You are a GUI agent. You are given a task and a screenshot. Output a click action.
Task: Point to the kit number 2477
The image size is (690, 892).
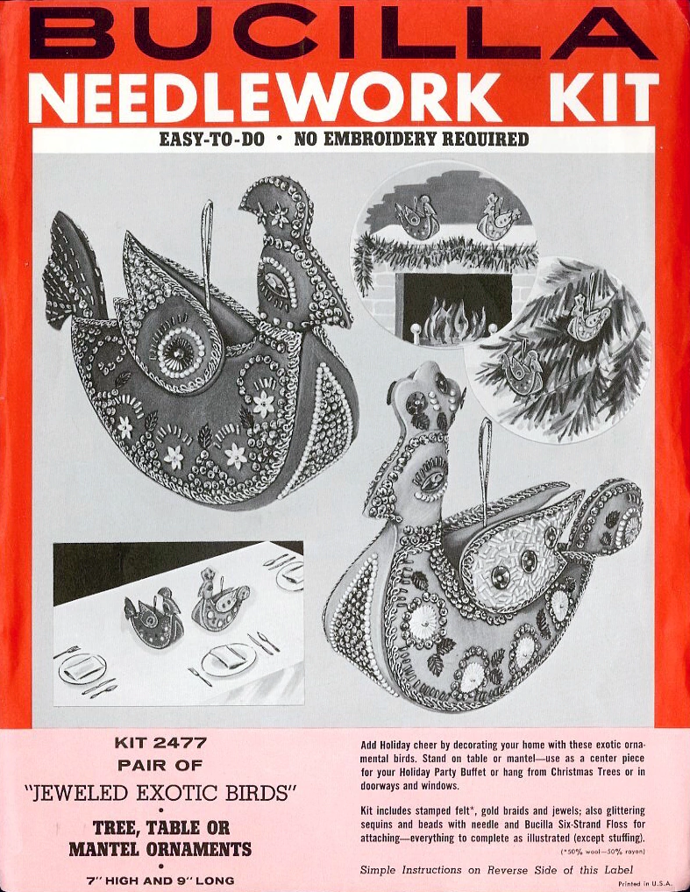(182, 742)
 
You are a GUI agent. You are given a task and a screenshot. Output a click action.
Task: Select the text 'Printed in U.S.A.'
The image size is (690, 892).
(644, 883)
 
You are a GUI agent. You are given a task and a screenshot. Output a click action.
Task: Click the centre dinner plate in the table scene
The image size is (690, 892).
(228, 660)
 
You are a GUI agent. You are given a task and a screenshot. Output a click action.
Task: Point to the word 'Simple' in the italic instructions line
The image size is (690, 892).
(380, 870)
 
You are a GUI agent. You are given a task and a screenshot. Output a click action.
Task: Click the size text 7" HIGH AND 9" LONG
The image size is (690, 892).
(160, 881)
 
